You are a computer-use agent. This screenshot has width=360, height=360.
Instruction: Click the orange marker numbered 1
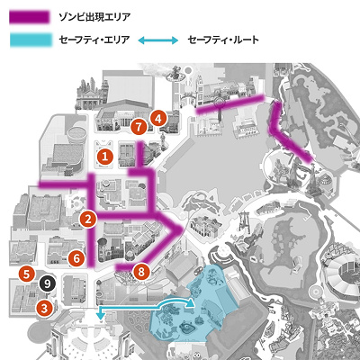pos(105,156)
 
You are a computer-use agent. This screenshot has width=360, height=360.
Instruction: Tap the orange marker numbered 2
pos(88,219)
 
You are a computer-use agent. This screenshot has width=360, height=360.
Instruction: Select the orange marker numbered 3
pos(42,307)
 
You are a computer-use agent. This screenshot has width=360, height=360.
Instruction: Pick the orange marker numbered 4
pos(158,117)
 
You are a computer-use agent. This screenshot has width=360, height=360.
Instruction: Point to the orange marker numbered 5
pos(28,273)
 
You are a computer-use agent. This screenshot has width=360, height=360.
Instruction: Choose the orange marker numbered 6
pos(76,258)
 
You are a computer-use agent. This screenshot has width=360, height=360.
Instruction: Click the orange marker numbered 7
pos(138,128)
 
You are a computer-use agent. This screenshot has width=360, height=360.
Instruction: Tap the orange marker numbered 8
pos(139,270)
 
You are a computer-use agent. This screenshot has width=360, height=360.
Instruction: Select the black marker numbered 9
pos(48,283)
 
